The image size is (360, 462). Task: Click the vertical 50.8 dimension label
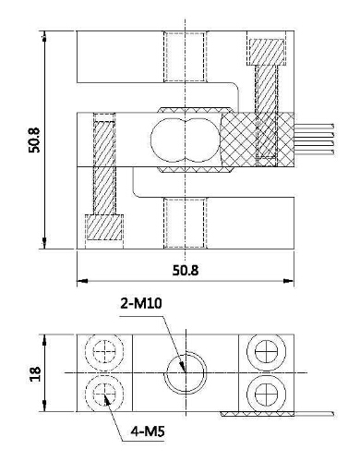click(x=34, y=140)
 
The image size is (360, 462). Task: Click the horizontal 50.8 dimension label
click(x=186, y=271)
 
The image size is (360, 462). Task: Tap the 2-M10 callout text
click(x=141, y=304)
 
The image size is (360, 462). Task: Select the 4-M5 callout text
click(x=148, y=432)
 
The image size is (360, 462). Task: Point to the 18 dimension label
click(x=35, y=373)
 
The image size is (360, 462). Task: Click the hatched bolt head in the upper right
click(x=267, y=52)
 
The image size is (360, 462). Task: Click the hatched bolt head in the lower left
click(x=104, y=227)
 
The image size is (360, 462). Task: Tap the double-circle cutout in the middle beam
click(x=185, y=140)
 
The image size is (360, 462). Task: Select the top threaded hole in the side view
click(x=185, y=56)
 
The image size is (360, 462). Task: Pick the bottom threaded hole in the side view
click(x=185, y=223)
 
